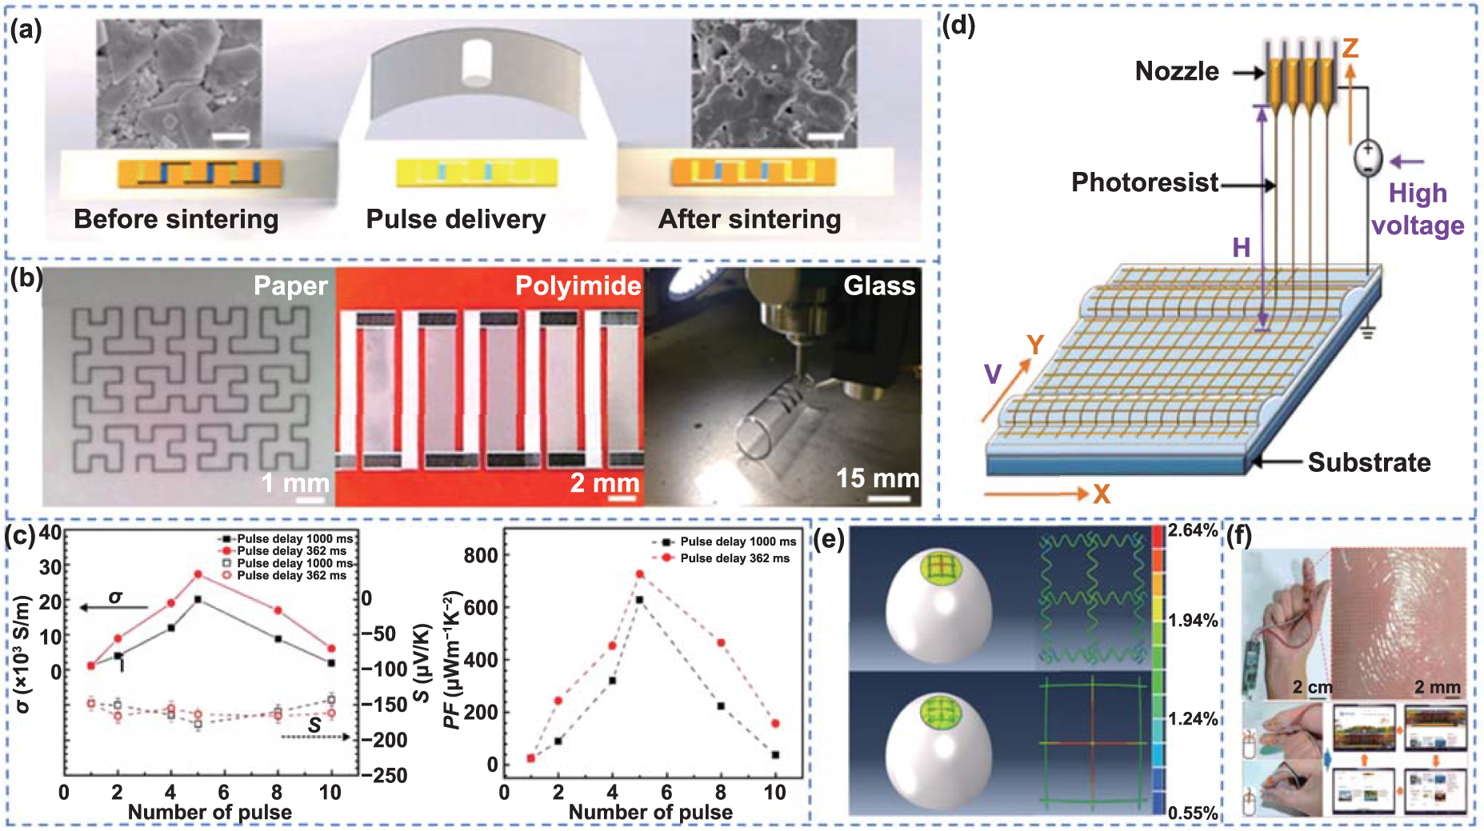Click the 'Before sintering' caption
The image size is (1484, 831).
176,219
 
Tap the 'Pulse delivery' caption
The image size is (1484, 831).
456,219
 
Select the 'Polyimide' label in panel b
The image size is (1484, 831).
578,286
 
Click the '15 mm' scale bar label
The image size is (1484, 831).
878,478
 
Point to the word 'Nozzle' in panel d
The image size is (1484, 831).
1177,71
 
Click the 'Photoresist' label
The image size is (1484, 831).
1145,182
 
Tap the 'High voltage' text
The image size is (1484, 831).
1418,210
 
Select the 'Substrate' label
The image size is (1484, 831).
1369,462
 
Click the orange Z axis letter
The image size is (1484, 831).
1350,48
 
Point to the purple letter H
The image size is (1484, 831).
1241,248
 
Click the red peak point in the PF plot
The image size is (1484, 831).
639,574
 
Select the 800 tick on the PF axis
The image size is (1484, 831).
481,555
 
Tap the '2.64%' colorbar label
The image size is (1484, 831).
1193,530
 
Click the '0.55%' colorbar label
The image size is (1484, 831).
1193,813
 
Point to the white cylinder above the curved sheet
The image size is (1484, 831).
477,62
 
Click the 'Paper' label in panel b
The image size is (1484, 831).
290,286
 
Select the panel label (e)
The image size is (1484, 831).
829,541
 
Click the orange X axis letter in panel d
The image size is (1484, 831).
1102,494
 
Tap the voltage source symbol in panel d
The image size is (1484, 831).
1368,158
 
